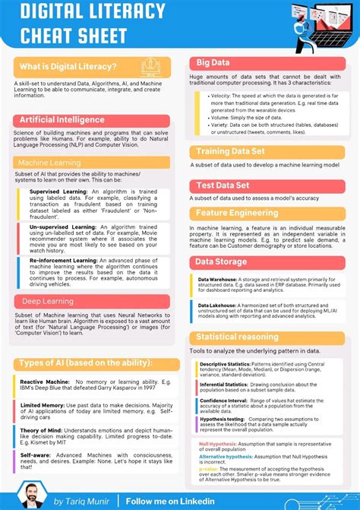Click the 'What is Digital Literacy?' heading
click(x=68, y=67)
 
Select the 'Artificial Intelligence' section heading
click(x=62, y=120)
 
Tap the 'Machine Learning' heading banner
click(x=49, y=163)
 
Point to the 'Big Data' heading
click(x=214, y=62)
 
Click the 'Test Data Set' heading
click(x=223, y=185)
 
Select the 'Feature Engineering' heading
click(x=237, y=213)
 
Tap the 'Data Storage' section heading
click(x=221, y=262)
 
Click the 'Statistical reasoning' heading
click(x=237, y=337)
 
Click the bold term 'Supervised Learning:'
click(x=55, y=192)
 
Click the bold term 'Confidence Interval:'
click(x=223, y=400)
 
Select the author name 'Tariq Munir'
click(x=87, y=502)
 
